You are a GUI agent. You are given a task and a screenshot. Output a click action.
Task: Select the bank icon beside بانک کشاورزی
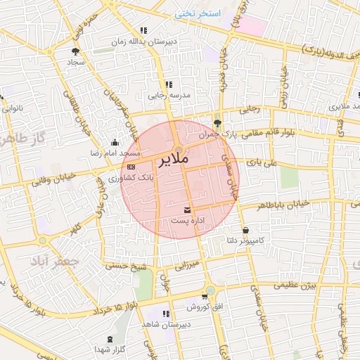coord(131,167)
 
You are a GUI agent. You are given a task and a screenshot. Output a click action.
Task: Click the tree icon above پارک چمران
coord(217,121)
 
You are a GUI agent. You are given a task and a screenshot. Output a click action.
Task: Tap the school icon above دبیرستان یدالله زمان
coord(143,30)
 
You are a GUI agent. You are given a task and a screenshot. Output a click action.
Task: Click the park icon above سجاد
coord(75,51)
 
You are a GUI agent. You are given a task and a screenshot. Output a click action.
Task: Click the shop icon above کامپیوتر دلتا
coord(245,230)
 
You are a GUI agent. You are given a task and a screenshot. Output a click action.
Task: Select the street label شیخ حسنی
coord(126,266)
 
